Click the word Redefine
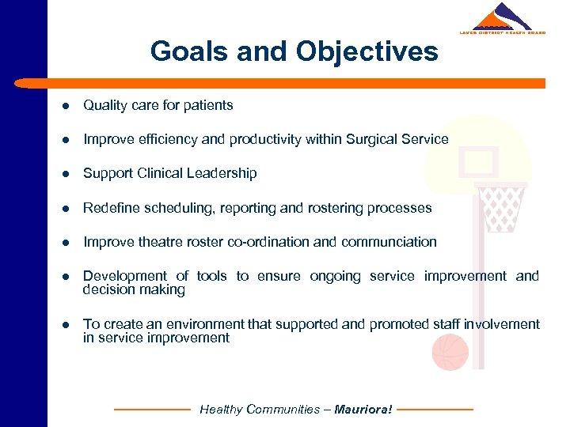pyautogui.click(x=109, y=208)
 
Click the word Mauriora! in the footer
pyautogui.click(x=363, y=410)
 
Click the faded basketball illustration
pyautogui.click(x=450, y=352)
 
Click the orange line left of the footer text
pyautogui.click(x=153, y=410)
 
